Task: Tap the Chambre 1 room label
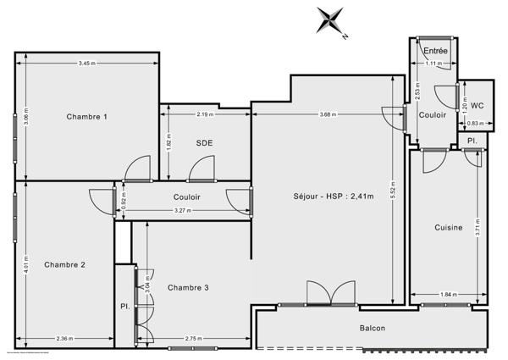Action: click(x=87, y=117)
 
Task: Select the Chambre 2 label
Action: click(x=65, y=264)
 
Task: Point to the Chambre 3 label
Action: click(x=188, y=288)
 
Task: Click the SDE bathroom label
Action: click(x=204, y=142)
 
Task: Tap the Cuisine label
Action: click(x=449, y=227)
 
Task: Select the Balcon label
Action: click(x=373, y=329)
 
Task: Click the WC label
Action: click(x=477, y=106)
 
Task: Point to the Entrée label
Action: click(x=436, y=51)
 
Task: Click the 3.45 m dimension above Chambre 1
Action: click(x=87, y=64)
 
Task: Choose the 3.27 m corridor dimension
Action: click(x=183, y=210)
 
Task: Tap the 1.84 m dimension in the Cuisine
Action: click(x=448, y=295)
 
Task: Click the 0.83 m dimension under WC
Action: click(x=475, y=124)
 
